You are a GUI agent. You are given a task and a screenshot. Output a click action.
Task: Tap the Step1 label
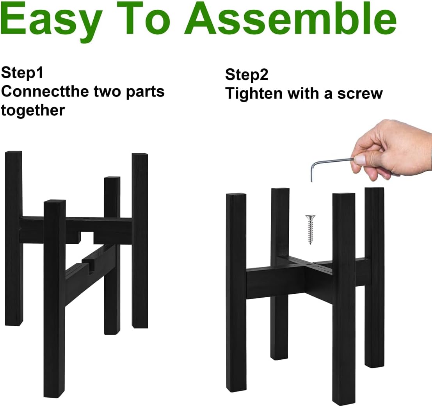(x=22, y=73)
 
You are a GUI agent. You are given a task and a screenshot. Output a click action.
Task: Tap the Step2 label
(x=247, y=74)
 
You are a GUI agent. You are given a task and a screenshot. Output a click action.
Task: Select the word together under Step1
(x=33, y=110)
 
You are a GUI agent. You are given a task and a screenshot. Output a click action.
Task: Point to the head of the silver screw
(x=311, y=217)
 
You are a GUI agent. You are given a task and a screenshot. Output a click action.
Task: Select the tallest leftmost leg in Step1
(x=14, y=238)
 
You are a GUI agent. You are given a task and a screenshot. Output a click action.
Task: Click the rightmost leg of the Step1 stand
(x=140, y=240)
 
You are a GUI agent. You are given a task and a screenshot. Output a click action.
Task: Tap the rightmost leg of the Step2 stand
(x=375, y=277)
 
